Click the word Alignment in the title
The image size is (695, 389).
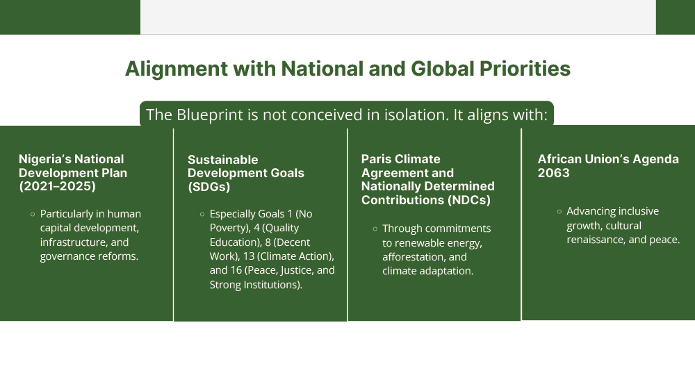177,69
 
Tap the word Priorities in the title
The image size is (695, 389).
525,69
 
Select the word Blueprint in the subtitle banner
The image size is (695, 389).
210,115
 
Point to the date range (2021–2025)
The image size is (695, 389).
57,186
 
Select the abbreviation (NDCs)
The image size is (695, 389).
469,200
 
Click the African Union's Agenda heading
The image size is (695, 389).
608,159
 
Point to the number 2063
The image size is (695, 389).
554,173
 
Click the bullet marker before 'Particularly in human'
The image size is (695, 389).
33,215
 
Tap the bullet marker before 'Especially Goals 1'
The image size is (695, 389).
202,215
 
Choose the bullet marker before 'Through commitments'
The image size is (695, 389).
375,229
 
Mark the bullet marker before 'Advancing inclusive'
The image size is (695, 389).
559,212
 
